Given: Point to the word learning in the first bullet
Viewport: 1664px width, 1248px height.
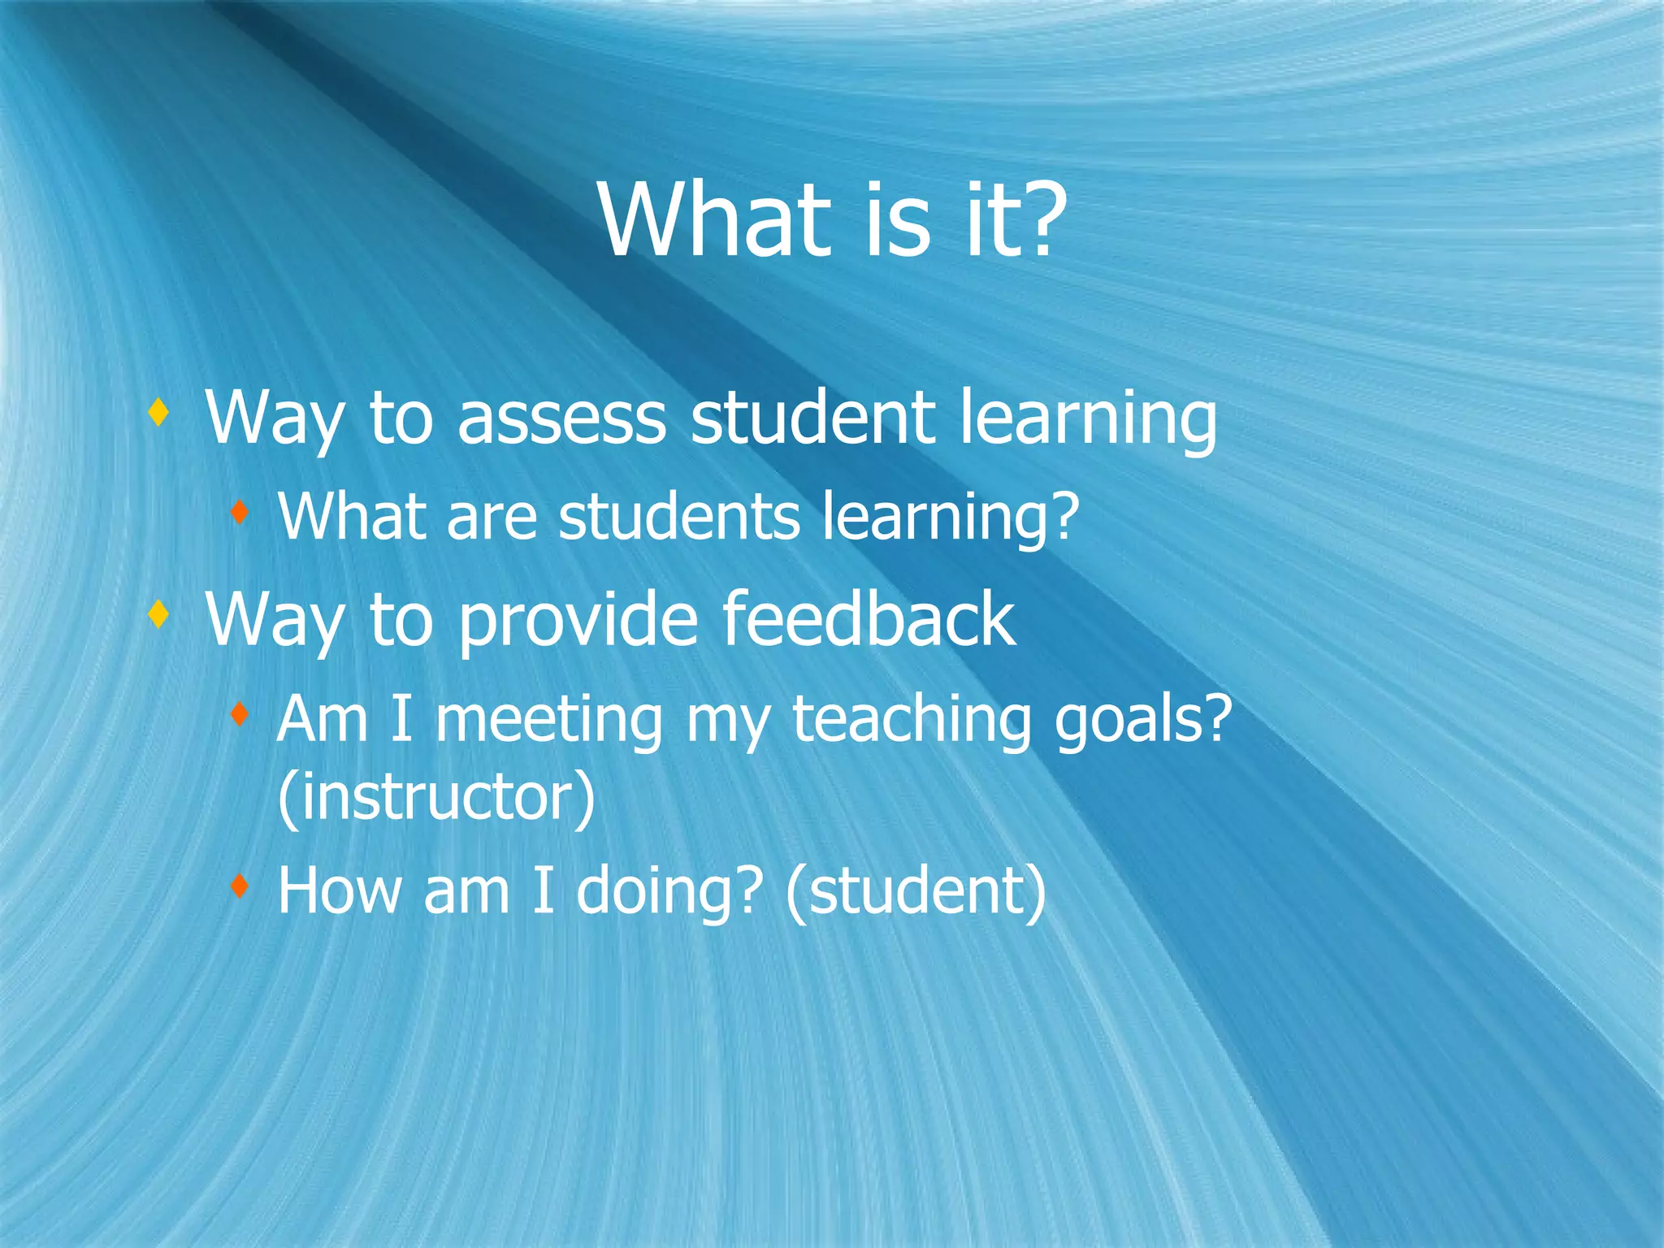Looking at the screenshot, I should coord(1089,419).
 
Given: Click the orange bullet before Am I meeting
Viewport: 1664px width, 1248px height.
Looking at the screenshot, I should coord(239,715).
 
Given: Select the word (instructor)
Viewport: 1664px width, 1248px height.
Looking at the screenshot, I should coord(436,798).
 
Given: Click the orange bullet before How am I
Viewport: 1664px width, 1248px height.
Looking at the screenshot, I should coord(239,886).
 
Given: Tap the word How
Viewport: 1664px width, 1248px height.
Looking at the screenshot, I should coord(340,890).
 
